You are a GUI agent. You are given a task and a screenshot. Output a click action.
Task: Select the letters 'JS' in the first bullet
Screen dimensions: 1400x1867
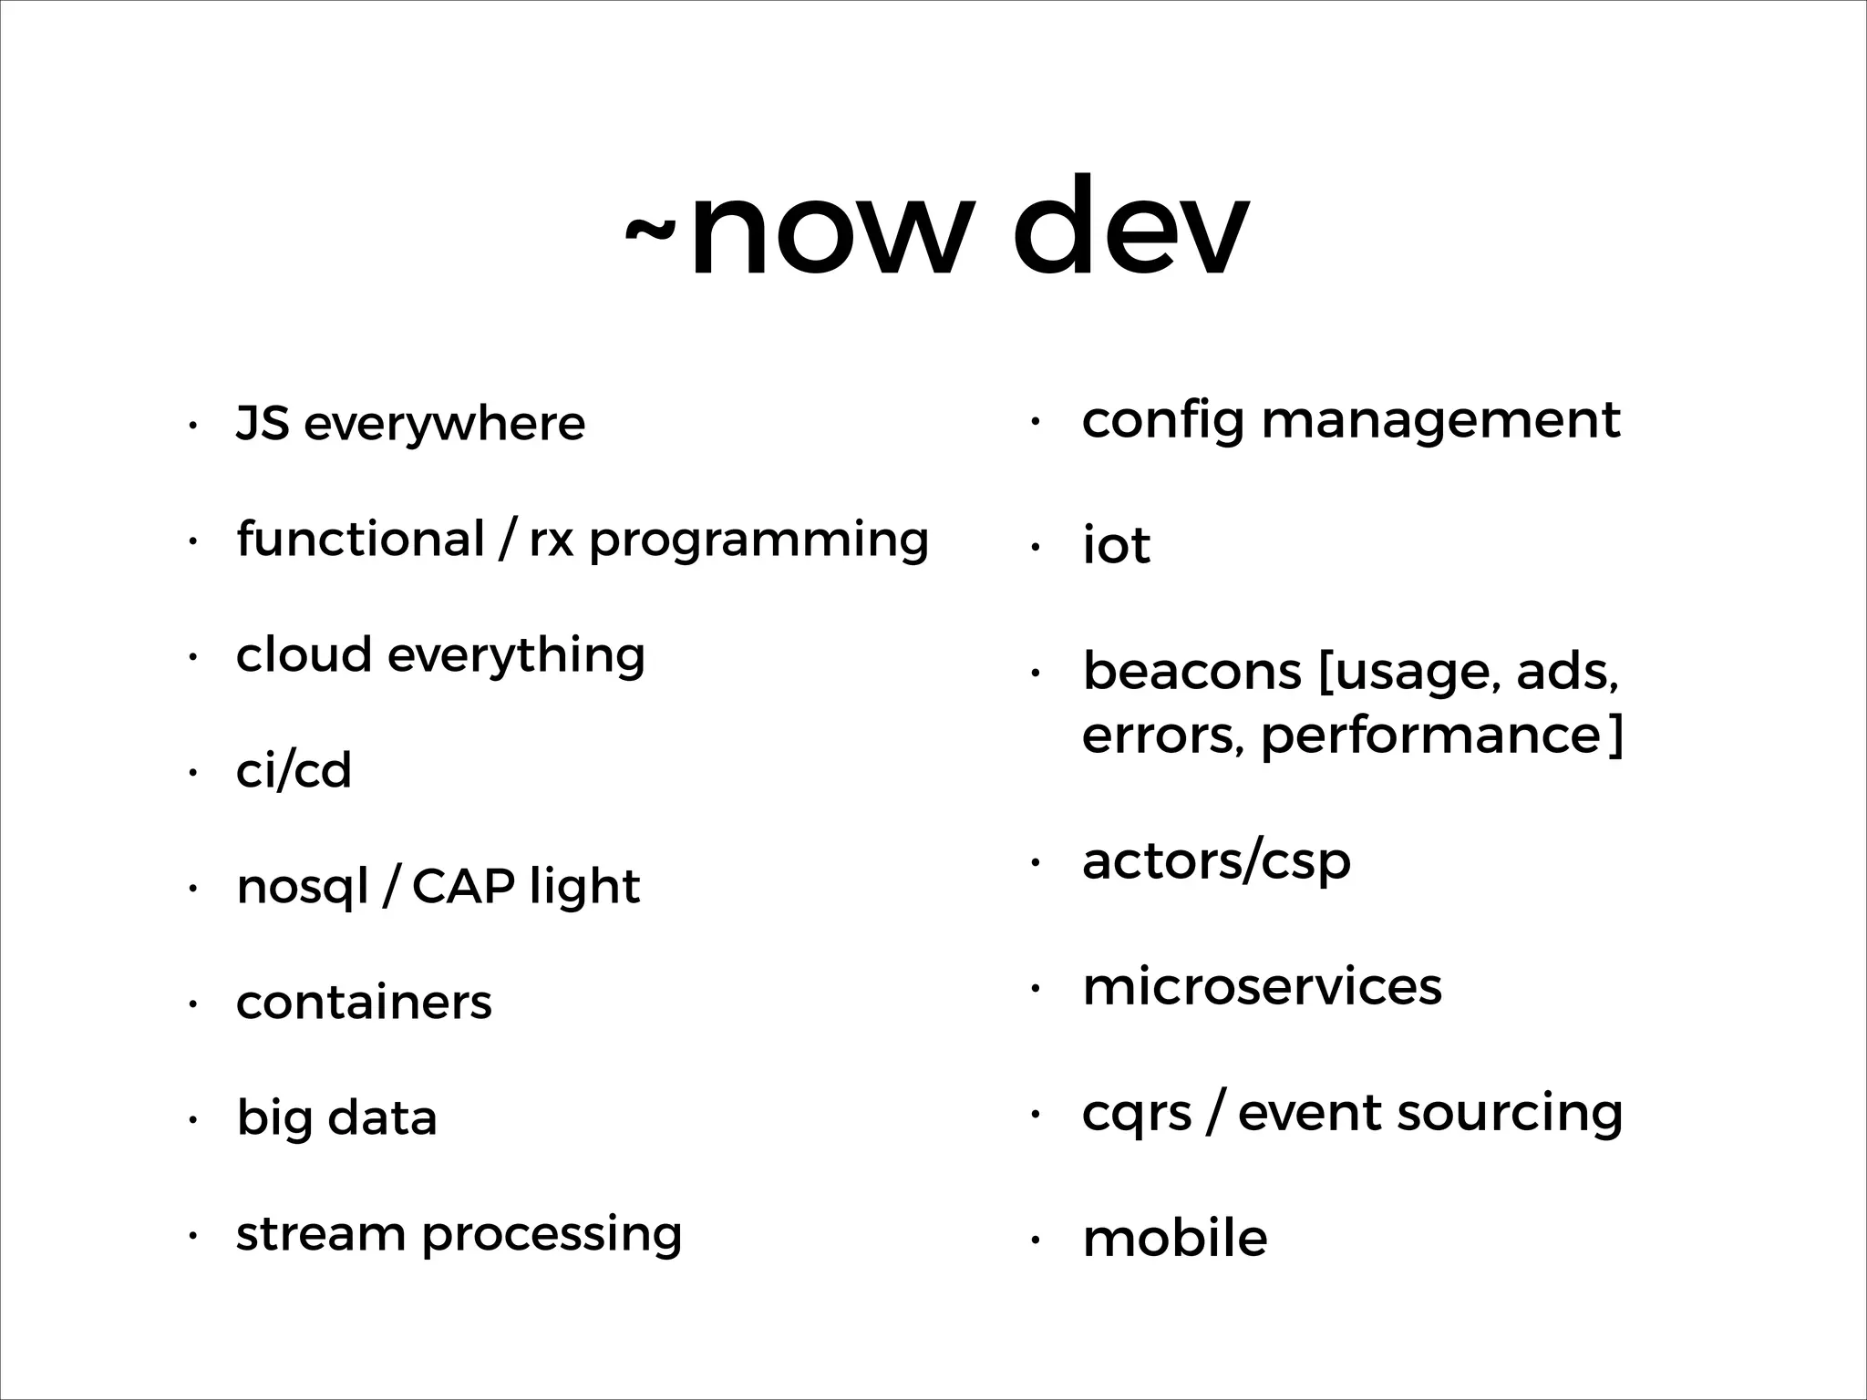(x=263, y=423)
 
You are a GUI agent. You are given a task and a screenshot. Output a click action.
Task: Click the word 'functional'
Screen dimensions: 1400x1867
(x=360, y=539)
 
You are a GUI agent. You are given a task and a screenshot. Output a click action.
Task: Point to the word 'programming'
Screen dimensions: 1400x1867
(x=758, y=542)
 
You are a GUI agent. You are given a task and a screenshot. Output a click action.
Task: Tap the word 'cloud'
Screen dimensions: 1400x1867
(x=304, y=654)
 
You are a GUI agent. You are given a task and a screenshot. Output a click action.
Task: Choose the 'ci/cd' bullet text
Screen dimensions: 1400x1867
(x=294, y=770)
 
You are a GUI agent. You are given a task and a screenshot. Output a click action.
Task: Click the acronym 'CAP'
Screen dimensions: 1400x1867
(x=463, y=886)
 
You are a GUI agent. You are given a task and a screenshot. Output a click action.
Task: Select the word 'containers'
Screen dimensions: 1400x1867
(x=364, y=1003)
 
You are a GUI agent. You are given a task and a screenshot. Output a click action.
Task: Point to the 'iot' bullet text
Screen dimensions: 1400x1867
(x=1116, y=545)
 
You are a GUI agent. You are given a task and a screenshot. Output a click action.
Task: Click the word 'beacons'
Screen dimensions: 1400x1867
(x=1191, y=672)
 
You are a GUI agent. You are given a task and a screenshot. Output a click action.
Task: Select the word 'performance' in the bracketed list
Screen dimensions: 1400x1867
(x=1430, y=736)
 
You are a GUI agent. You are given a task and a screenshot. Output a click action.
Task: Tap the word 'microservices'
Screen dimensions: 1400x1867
(x=1262, y=986)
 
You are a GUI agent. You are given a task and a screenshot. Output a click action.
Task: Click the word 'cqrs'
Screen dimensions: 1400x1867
(x=1137, y=1114)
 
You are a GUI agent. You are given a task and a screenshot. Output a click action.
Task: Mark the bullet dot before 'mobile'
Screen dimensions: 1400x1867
(x=1035, y=1240)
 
